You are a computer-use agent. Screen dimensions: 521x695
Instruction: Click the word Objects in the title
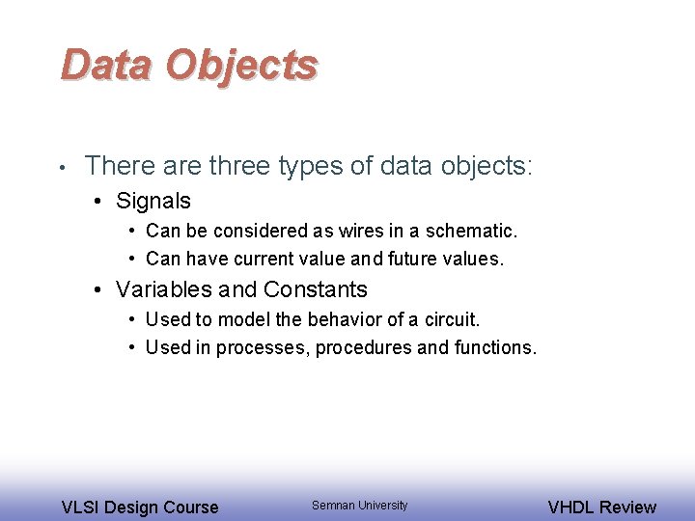point(240,65)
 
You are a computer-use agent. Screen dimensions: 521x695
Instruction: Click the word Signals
point(153,202)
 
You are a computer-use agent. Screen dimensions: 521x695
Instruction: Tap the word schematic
point(473,232)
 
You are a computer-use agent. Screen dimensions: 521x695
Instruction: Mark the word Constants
point(315,289)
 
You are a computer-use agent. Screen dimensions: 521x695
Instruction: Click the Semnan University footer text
point(359,506)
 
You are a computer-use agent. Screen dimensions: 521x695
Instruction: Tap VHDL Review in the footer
point(600,507)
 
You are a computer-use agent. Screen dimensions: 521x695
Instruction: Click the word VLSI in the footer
point(80,507)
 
